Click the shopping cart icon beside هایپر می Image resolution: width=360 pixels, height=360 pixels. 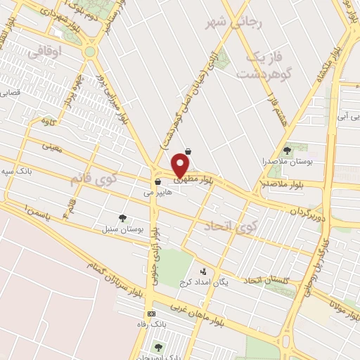click(157, 182)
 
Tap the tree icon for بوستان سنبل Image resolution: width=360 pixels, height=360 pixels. click(124, 218)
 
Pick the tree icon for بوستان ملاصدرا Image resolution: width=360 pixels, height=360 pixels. click(287, 150)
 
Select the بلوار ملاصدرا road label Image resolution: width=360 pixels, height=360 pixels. click(283, 184)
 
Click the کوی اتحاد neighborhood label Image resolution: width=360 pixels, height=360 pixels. click(227, 226)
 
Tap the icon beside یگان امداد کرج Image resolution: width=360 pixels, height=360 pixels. click(203, 271)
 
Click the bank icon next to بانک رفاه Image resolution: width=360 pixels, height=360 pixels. click(151, 314)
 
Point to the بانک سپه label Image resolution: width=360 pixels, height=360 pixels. click(15, 171)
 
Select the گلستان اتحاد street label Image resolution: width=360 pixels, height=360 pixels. click(269, 281)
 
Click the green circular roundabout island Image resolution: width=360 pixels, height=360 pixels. click(89, 51)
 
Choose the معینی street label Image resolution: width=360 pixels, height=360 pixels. click(53, 148)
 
